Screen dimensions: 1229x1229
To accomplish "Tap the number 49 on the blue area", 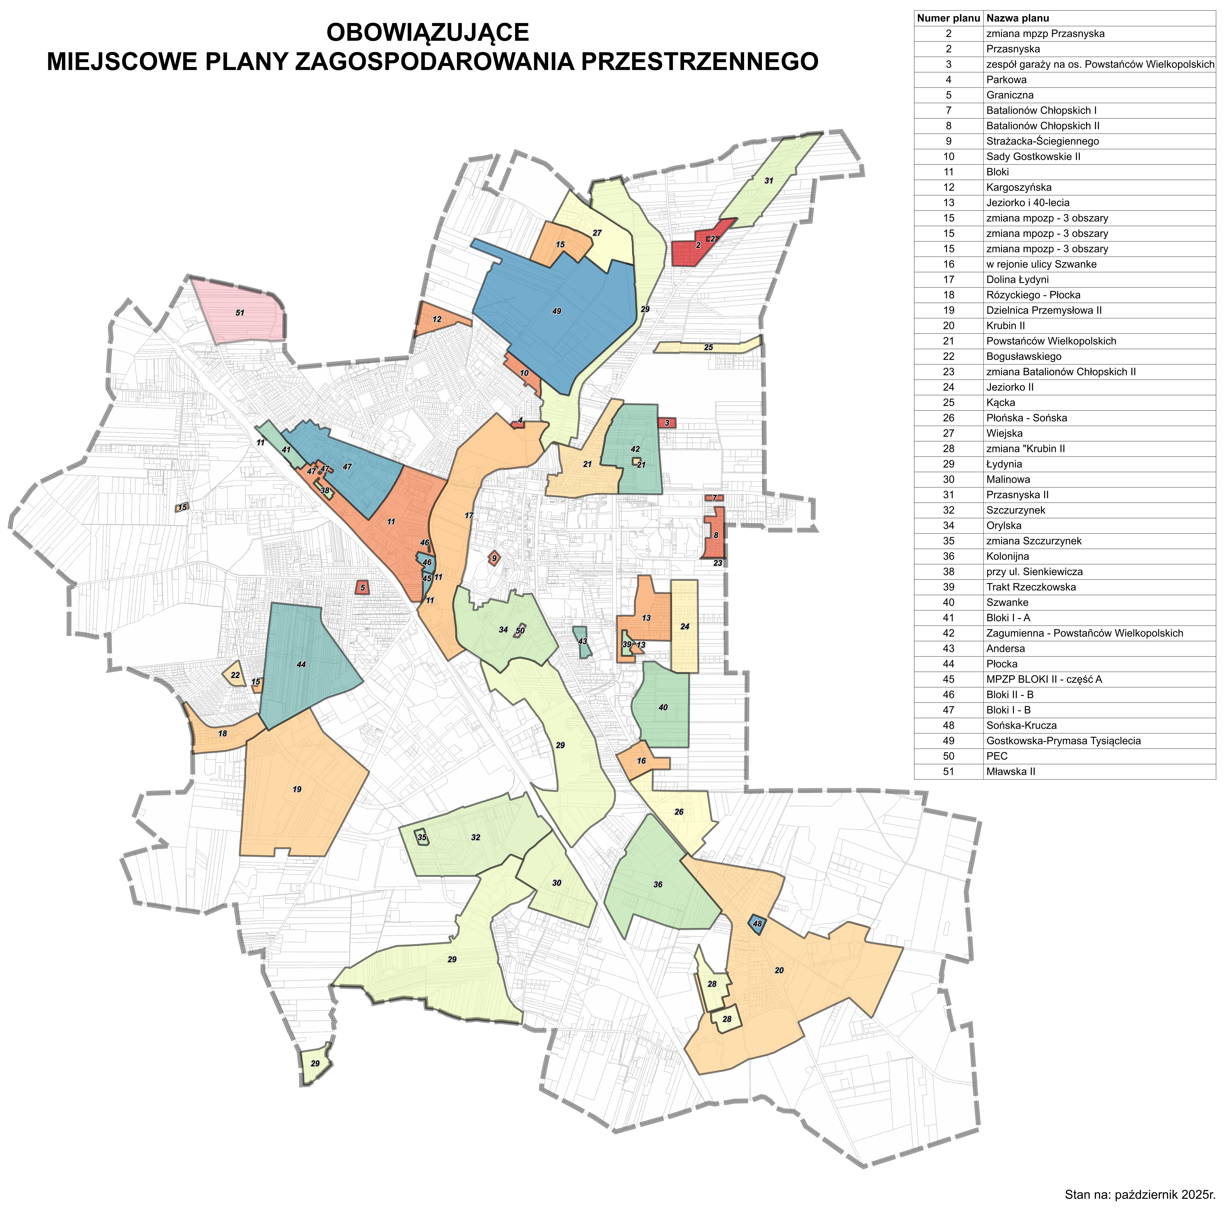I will click(x=557, y=311).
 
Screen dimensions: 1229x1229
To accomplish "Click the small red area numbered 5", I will click(x=363, y=588).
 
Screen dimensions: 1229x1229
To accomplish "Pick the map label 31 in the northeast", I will click(x=768, y=181).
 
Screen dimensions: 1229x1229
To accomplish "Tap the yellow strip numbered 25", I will click(x=708, y=347).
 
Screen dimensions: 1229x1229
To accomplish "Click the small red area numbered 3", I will click(x=667, y=423).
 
